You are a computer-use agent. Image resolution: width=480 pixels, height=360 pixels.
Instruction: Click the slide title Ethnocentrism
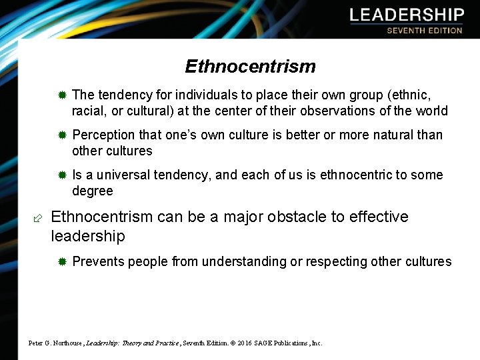click(x=250, y=67)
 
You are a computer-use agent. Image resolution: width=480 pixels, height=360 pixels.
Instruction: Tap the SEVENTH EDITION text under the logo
click(x=424, y=31)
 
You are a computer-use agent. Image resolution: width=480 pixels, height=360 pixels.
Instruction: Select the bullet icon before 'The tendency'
click(x=61, y=95)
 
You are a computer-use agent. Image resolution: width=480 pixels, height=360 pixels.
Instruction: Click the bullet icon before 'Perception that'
click(x=61, y=135)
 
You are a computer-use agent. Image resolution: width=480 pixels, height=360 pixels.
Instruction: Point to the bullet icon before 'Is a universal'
click(x=61, y=175)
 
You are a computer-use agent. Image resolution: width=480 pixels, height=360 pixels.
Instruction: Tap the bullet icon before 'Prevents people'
click(x=61, y=262)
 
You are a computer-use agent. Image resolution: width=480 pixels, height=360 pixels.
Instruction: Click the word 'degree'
click(x=93, y=191)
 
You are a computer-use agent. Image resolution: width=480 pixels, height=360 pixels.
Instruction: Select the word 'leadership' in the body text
click(x=87, y=236)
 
